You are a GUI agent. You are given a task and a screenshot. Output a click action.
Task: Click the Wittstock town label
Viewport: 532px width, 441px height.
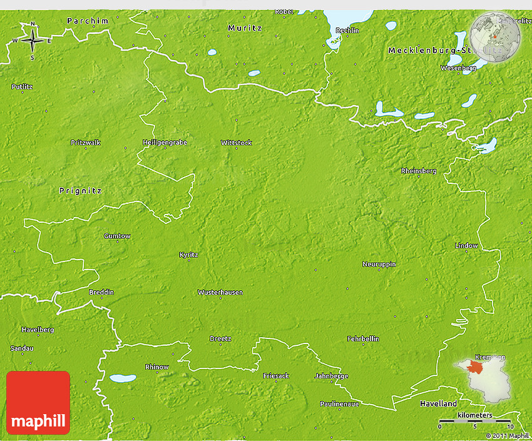(x=237, y=143)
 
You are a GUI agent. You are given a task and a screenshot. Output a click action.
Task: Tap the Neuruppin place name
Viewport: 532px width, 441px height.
(x=379, y=264)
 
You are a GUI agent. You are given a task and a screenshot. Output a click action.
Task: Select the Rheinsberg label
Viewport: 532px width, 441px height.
(x=419, y=171)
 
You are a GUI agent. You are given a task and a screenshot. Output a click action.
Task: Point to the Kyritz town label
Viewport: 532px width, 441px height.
(x=188, y=255)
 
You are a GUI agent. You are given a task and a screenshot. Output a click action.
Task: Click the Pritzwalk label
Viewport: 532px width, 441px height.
(x=85, y=143)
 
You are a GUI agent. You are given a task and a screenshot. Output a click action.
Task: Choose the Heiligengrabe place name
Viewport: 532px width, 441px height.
(x=165, y=143)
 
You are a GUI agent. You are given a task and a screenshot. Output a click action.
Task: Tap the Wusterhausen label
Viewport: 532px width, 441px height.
(x=220, y=292)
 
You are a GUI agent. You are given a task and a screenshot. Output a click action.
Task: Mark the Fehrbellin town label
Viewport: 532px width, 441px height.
(x=363, y=338)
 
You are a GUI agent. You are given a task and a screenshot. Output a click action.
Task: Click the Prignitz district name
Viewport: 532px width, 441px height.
(x=80, y=190)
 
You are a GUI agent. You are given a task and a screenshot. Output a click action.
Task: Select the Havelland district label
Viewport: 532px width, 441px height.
(x=438, y=404)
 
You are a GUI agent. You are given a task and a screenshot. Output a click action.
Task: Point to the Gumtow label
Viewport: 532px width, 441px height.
(x=117, y=236)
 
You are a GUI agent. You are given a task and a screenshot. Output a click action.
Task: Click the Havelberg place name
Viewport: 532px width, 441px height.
(x=38, y=330)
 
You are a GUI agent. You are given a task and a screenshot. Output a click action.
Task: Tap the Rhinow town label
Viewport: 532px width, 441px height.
(x=156, y=367)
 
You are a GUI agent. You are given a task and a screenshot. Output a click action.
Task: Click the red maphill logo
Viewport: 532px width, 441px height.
(x=38, y=403)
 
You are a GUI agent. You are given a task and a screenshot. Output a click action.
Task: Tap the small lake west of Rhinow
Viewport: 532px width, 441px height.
(x=118, y=378)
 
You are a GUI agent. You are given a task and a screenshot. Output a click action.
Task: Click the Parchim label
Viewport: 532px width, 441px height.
(x=88, y=21)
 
